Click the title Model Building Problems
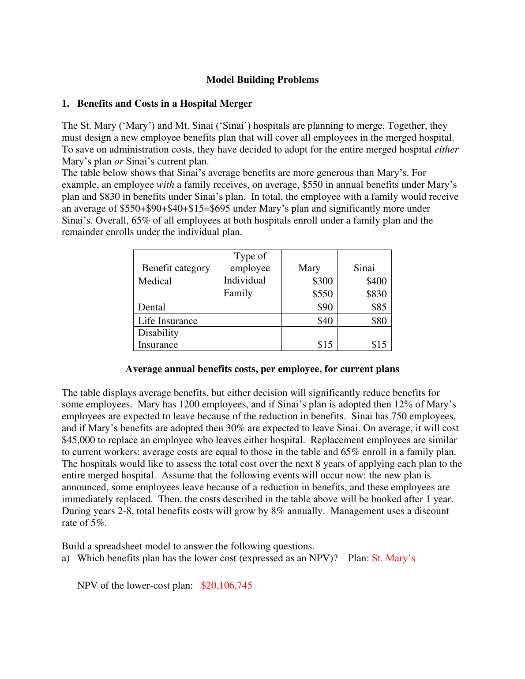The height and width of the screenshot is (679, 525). click(262, 80)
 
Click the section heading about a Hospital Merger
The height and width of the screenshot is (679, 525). click(165, 104)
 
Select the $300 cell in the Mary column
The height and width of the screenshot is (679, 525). click(322, 281)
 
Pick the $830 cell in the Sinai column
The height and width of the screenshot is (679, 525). click(376, 294)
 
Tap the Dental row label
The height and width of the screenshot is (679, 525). click(151, 307)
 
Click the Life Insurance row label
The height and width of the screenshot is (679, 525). click(168, 321)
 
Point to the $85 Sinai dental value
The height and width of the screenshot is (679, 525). click(379, 307)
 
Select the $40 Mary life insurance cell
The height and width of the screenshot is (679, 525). click(325, 321)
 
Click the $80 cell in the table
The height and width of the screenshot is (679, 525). click(379, 321)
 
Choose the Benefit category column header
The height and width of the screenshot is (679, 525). click(176, 268)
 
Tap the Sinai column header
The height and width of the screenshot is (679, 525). click(364, 268)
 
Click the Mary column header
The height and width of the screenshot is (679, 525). click(309, 268)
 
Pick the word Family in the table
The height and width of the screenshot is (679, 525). click(238, 293)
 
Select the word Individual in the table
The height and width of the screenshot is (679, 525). click(244, 280)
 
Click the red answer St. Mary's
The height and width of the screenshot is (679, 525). click(393, 558)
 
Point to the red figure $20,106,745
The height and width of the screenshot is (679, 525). click(226, 586)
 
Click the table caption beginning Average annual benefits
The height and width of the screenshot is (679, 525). click(262, 369)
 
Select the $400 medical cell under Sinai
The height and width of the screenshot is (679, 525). click(376, 281)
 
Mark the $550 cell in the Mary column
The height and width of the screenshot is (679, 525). click(322, 294)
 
